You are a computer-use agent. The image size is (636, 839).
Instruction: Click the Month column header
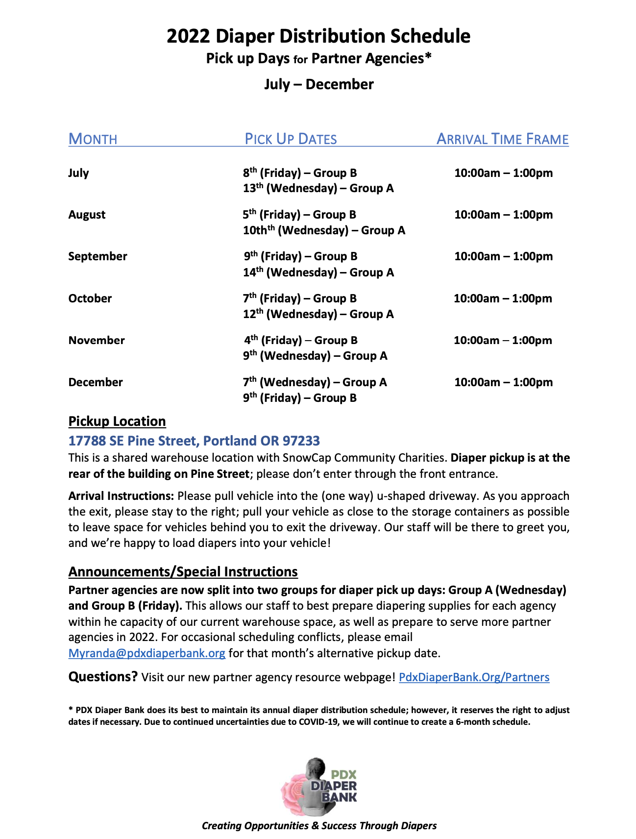tap(93, 139)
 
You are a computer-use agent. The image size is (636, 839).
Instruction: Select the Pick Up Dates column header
tap(291, 139)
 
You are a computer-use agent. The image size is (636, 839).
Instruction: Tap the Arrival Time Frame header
tap(502, 139)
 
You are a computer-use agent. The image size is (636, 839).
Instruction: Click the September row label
tap(98, 256)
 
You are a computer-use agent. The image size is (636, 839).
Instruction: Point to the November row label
tap(97, 340)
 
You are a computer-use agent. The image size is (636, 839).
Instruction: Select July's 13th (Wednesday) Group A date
tap(318, 188)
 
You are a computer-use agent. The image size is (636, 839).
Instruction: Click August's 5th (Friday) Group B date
tap(299, 215)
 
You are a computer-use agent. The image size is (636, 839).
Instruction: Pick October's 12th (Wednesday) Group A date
tap(318, 314)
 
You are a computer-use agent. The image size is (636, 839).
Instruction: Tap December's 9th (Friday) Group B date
tap(299, 398)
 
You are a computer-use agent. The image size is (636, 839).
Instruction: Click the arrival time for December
tap(503, 382)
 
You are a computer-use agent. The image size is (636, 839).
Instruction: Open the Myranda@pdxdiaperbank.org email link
tap(147, 653)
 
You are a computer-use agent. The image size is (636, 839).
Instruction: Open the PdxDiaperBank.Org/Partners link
tap(474, 677)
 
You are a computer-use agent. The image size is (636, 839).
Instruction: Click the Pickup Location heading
tap(117, 421)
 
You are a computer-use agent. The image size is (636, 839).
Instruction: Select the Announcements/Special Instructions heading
tap(183, 572)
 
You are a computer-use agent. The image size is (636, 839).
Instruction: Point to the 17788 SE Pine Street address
tap(194, 441)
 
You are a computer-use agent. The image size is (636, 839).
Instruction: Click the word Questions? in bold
tap(103, 677)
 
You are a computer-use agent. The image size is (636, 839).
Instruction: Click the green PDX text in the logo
tap(343, 775)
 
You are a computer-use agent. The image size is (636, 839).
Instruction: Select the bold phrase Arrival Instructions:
tap(121, 496)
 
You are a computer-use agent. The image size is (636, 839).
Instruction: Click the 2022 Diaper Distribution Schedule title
tap(318, 36)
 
